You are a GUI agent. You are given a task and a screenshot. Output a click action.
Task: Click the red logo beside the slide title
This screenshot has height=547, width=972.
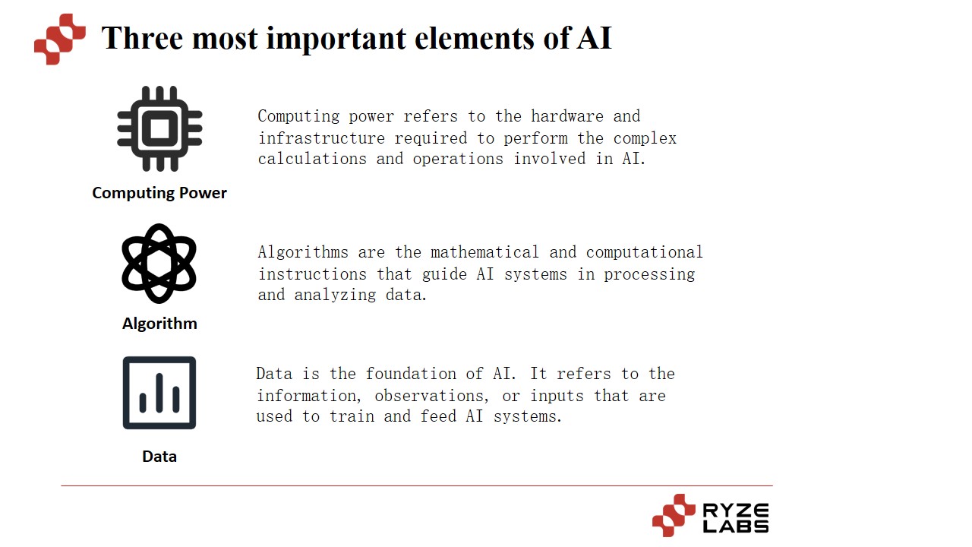click(x=59, y=40)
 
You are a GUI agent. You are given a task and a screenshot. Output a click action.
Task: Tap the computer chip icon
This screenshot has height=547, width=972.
click(x=159, y=128)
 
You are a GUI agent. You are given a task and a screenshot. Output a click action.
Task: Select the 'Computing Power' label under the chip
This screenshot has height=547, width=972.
click(x=159, y=193)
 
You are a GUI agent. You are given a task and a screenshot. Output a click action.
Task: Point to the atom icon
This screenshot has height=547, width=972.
click(x=159, y=264)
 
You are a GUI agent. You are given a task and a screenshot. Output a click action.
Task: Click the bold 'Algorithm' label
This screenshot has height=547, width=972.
click(x=159, y=324)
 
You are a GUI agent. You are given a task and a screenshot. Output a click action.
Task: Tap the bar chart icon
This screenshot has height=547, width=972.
click(x=159, y=393)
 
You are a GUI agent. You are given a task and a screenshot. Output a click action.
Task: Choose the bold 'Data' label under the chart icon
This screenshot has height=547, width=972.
click(x=159, y=457)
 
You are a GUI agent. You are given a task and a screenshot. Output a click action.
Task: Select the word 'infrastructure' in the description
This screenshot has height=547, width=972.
click(x=321, y=138)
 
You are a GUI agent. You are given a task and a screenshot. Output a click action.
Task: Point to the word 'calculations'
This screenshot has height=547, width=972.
click(x=312, y=159)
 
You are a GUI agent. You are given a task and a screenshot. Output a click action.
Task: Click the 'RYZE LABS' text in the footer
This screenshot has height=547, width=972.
click(x=735, y=517)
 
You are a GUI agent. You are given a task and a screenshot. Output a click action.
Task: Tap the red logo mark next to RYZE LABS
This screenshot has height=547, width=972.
click(x=674, y=516)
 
